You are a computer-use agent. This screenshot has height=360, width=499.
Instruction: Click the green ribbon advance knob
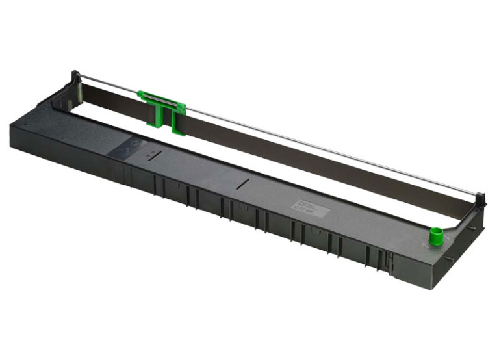click(435, 232)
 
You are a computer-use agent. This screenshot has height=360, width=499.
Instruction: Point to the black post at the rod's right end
click(479, 198)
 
